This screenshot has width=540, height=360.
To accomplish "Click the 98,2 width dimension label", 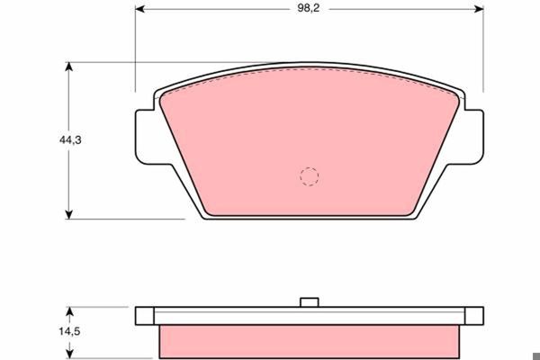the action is tap(309, 8).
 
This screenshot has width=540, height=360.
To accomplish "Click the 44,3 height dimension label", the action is tap(70, 139).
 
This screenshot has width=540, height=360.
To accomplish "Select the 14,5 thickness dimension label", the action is tap(69, 331).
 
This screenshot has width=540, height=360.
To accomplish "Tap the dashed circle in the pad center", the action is tap(309, 176).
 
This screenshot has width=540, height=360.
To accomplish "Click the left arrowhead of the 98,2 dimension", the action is tap(139, 9).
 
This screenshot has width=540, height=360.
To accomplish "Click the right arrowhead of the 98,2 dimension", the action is tap(479, 9).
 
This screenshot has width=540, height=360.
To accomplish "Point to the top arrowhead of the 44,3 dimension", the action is tap(69, 67).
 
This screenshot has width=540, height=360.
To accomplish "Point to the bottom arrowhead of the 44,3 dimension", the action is tap(69, 214).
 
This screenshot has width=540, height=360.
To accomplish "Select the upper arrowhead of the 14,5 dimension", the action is tap(69, 311).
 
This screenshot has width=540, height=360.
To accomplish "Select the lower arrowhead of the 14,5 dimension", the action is tap(69, 354).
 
